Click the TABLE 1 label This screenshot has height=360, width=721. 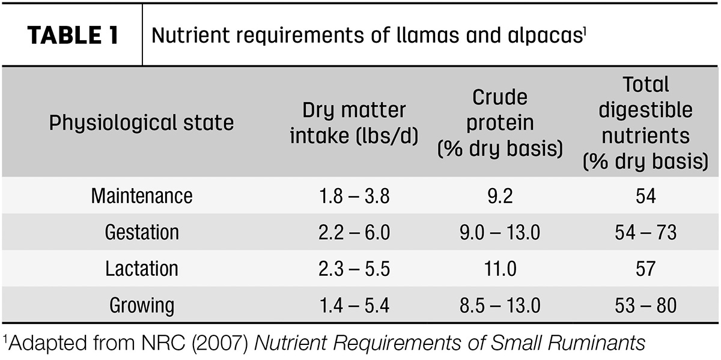click(73, 35)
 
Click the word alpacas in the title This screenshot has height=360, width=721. click(546, 35)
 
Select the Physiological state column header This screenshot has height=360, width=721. click(141, 123)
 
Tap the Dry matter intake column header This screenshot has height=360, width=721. click(354, 123)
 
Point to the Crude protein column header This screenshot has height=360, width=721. click(500, 123)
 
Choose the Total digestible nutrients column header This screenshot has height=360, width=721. click(645, 123)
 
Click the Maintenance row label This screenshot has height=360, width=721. click(142, 196)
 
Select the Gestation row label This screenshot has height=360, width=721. click(142, 232)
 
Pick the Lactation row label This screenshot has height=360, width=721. click(142, 269)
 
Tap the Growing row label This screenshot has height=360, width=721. click(142, 305)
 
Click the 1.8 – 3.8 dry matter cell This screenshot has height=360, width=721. click(354, 196)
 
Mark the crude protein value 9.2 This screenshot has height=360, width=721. click(500, 196)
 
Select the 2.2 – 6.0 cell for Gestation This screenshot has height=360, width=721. click(354, 232)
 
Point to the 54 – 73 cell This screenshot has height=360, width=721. click(646, 232)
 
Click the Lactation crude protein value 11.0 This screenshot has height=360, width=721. click(500, 269)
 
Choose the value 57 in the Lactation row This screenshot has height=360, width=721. click(646, 269)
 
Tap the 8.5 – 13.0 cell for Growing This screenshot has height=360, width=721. click(500, 305)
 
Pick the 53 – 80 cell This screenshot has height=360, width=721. click(646, 305)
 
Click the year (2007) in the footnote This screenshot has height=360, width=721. click(220, 343)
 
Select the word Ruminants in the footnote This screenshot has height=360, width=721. click(597, 343)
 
